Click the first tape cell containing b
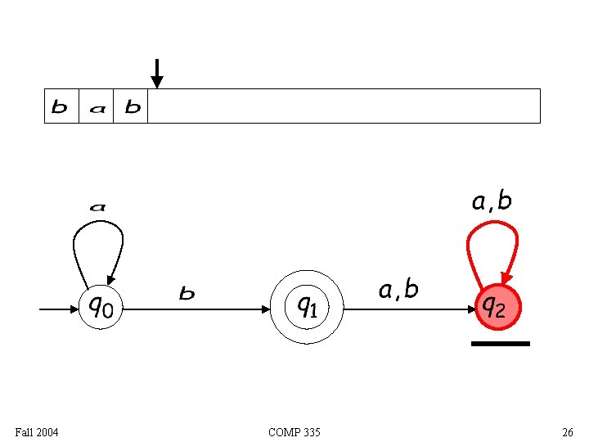pyautogui.click(x=61, y=106)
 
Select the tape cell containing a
pyautogui.click(x=96, y=106)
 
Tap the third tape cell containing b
pyautogui.click(x=131, y=106)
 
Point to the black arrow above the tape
pyautogui.click(x=157, y=73)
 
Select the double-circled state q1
pyautogui.click(x=307, y=309)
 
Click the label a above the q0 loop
pyautogui.click(x=97, y=207)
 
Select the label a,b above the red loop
pyautogui.click(x=492, y=201)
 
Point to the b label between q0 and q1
pyautogui.click(x=187, y=293)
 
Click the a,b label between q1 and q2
pyautogui.click(x=398, y=289)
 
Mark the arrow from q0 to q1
pyautogui.click(x=196, y=309)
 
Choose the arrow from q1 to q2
pyautogui.click(x=409, y=309)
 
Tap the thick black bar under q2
pyautogui.click(x=501, y=344)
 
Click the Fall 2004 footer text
pyautogui.click(x=37, y=431)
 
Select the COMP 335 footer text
pyautogui.click(x=294, y=431)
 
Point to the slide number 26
pyautogui.click(x=568, y=431)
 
